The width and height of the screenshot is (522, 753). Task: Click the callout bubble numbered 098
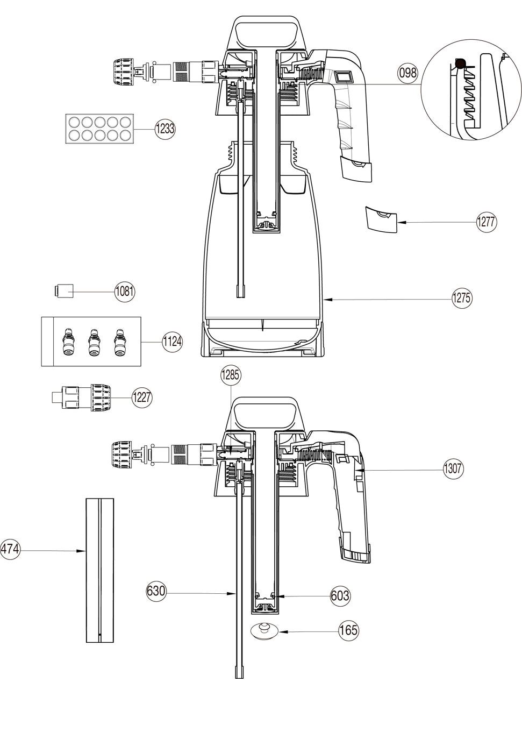(408, 73)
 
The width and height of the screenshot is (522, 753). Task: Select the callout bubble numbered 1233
(165, 129)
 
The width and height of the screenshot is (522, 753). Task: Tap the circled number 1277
(487, 222)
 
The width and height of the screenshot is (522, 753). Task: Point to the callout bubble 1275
(462, 298)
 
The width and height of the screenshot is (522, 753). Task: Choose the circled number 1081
(125, 291)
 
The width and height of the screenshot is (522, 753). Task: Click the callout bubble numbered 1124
(172, 342)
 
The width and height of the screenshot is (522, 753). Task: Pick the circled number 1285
(231, 375)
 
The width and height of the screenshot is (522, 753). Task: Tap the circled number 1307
(453, 468)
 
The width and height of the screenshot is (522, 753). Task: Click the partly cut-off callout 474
(10, 549)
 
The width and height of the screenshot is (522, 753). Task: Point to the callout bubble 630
(156, 591)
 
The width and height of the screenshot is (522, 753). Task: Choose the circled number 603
(340, 596)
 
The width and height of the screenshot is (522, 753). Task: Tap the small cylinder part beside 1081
(64, 291)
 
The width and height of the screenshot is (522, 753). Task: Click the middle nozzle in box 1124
(92, 342)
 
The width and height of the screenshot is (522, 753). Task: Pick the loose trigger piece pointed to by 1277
(381, 219)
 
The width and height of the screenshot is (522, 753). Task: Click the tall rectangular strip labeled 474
(100, 571)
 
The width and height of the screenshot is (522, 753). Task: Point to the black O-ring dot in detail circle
(460, 63)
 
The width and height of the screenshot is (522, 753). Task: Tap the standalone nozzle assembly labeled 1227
(81, 397)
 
